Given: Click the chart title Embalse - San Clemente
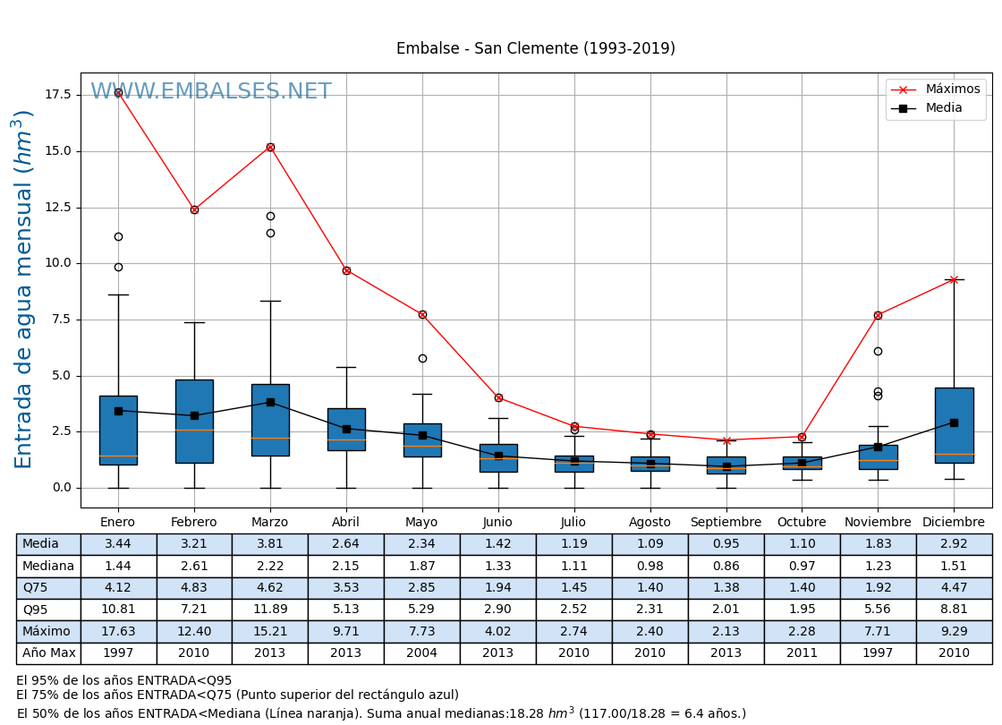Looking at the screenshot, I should pos(535,49).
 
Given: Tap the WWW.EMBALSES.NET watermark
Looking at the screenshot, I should pos(211,92).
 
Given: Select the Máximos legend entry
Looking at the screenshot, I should pos(952,90).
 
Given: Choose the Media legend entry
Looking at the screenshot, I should pos(944,108).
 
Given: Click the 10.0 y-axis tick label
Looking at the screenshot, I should pos(58,263).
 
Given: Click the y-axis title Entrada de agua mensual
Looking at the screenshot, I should pos(24,289).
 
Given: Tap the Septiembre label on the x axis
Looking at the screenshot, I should pos(726,523).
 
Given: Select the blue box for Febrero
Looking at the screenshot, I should pos(194,421).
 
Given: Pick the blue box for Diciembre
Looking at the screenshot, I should pos(954,425).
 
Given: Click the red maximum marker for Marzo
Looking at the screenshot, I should pos(270,147).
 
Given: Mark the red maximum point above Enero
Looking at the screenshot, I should pos(118,92).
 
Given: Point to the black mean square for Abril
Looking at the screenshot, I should pos(346,429).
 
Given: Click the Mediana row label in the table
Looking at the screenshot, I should pos(48,567).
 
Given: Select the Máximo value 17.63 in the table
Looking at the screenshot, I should pos(118,632).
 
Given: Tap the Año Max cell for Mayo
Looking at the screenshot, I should pos(421,653).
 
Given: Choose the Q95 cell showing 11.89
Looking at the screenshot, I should pos(269,610).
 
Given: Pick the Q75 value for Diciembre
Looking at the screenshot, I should pos(954,588).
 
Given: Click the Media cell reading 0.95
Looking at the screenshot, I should pos(726,544).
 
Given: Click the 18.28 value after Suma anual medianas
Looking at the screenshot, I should pos(528,714).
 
